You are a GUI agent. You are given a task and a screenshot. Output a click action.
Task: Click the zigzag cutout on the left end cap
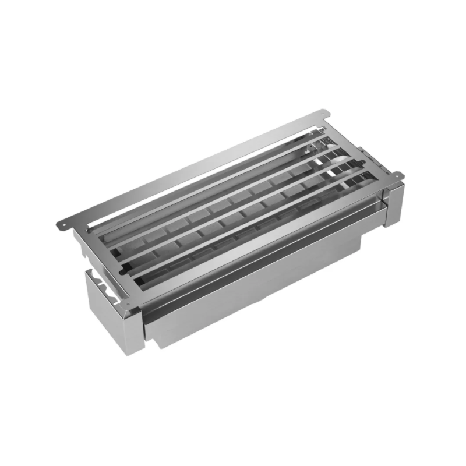(x=105, y=280)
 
